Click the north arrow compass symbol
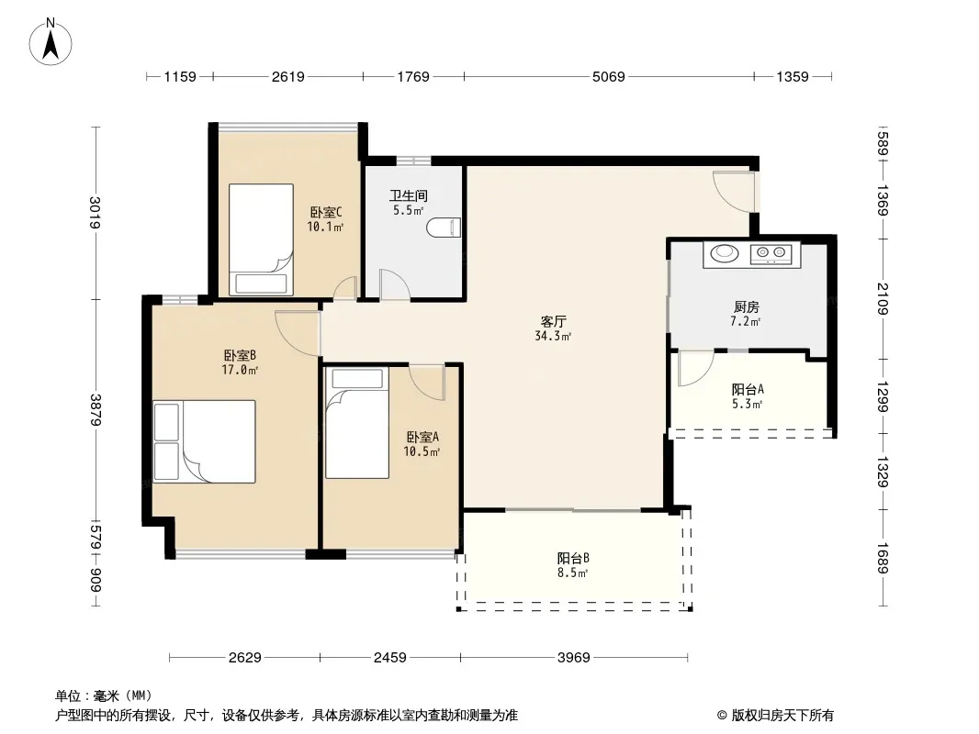(x=51, y=42)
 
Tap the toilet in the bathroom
(x=444, y=228)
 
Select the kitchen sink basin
(x=725, y=252)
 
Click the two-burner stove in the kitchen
(x=771, y=253)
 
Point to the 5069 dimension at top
(x=608, y=77)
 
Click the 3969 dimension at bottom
(x=573, y=657)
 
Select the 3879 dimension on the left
(x=96, y=410)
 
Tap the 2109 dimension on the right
(x=883, y=299)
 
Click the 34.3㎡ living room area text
(x=553, y=336)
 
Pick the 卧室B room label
(x=240, y=355)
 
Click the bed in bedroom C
(x=261, y=239)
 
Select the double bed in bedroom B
(x=204, y=441)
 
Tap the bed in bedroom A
(x=357, y=424)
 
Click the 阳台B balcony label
(x=573, y=558)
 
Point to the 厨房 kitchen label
(x=746, y=306)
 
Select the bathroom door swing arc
(x=395, y=285)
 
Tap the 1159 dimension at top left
(x=180, y=77)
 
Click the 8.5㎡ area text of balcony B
(x=572, y=573)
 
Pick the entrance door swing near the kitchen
(x=735, y=192)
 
